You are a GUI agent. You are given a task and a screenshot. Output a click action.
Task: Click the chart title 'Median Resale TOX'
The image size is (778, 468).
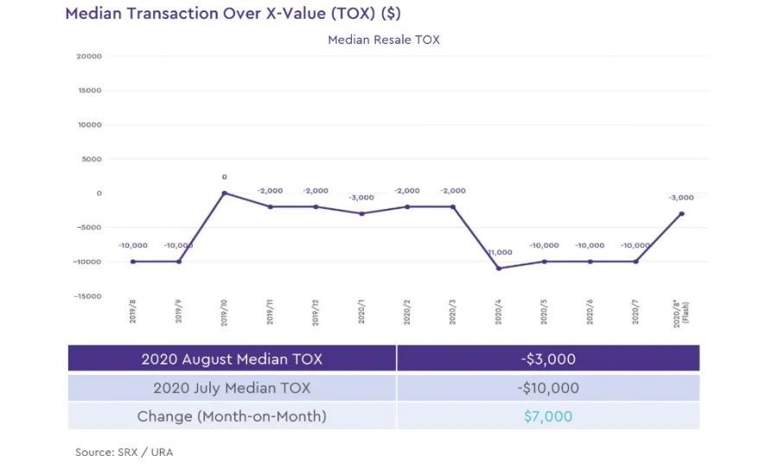(384, 40)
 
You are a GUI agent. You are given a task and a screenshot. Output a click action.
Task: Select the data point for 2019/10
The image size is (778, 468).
(224, 193)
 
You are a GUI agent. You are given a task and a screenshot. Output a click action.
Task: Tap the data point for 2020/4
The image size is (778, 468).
(499, 269)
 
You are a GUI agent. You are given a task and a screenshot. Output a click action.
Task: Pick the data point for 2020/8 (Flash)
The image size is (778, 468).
(681, 213)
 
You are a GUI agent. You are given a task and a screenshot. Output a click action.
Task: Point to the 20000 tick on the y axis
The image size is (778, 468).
(90, 56)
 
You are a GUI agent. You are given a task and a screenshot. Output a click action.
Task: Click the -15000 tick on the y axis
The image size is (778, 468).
(88, 296)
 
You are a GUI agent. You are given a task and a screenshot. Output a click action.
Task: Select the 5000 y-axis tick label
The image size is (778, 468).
(92, 159)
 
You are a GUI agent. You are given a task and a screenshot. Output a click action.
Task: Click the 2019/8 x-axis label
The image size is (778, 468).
(133, 312)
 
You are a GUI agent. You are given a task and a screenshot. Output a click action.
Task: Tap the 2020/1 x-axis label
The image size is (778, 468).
(361, 312)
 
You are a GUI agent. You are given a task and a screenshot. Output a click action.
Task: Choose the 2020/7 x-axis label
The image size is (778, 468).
(635, 312)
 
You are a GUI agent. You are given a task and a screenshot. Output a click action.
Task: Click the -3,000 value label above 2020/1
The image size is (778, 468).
(361, 198)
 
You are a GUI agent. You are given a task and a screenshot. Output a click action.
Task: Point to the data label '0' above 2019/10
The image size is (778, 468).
(224, 177)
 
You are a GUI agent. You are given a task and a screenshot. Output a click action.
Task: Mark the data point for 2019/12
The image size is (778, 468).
(316, 206)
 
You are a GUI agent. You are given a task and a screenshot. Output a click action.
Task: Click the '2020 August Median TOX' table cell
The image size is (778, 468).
(232, 358)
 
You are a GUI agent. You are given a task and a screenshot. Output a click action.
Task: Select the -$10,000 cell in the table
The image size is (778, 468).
(548, 388)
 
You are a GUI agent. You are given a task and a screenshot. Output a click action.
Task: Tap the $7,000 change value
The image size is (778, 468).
(548, 416)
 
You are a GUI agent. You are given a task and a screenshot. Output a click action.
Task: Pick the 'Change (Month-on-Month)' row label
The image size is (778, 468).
(232, 416)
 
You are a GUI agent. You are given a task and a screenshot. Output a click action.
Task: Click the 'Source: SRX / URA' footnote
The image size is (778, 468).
(124, 452)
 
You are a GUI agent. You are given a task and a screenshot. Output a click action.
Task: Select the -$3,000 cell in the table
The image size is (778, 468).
(548, 358)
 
